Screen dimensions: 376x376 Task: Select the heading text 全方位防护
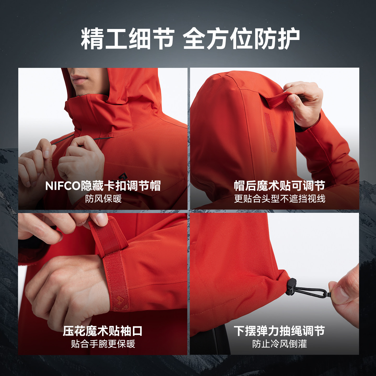click(242, 38)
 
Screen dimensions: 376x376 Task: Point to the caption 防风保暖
click(103, 199)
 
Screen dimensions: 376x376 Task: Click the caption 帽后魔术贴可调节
click(280, 186)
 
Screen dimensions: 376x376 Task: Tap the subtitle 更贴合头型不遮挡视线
click(280, 199)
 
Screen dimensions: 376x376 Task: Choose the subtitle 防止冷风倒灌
click(279, 344)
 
